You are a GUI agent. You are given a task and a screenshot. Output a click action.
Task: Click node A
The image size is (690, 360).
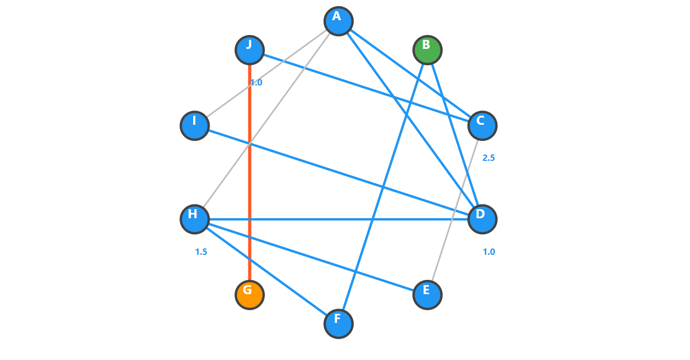click(x=339, y=21)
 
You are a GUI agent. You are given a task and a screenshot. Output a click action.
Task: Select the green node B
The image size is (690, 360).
click(x=427, y=50)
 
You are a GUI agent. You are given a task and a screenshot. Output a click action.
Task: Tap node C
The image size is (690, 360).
click(x=482, y=126)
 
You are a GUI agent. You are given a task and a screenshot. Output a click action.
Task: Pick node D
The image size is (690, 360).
click(x=482, y=219)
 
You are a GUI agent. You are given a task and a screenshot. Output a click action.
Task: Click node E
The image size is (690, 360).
click(x=427, y=295)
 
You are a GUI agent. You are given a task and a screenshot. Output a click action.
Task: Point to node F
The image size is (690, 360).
click(x=339, y=323)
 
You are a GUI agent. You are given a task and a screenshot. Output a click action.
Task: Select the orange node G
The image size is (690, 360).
click(x=249, y=295)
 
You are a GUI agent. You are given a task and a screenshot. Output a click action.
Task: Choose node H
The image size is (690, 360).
click(x=195, y=219)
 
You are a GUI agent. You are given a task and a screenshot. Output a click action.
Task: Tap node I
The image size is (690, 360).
click(x=195, y=126)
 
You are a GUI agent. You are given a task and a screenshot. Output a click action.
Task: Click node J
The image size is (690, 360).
click(x=249, y=50)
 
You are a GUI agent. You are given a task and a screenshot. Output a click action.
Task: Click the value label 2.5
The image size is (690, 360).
click(x=488, y=158)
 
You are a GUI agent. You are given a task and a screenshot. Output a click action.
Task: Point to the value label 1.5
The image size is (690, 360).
click(x=201, y=252)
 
